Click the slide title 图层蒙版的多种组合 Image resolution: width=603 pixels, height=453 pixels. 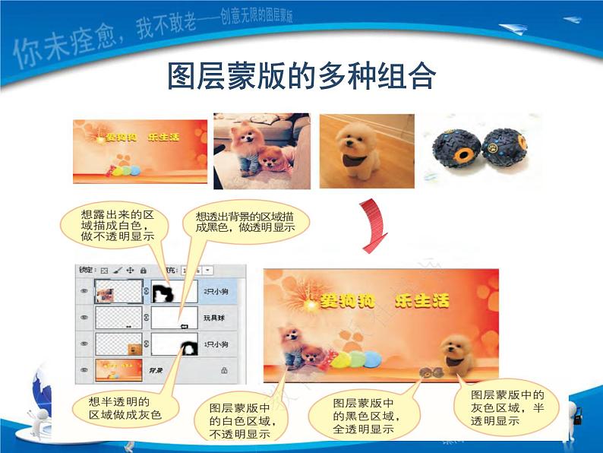tap(301, 77)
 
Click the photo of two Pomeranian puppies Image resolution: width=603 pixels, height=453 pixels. tap(261, 150)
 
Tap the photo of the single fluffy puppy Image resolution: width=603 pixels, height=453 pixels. tap(366, 150)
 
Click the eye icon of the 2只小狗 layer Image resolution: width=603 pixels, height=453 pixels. tap(84, 290)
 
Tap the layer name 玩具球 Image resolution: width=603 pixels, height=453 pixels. tap(213, 318)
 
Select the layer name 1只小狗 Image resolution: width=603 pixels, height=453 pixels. tap(216, 344)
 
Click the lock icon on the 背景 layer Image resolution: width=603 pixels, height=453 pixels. tap(224, 370)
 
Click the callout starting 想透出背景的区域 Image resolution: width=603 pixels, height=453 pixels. tap(245, 221)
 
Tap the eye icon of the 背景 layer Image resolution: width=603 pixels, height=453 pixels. tap(84, 370)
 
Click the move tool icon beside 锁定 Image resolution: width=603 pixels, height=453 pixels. tap(130, 270)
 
